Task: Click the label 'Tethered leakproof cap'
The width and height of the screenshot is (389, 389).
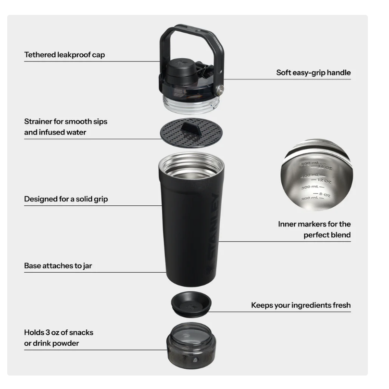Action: point(64,55)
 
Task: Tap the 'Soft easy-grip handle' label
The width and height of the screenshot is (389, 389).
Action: point(313,73)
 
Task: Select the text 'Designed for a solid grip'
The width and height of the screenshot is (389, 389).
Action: point(66,199)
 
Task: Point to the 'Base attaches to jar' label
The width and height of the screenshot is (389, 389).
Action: point(58,265)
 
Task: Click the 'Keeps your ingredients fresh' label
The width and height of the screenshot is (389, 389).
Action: point(301,305)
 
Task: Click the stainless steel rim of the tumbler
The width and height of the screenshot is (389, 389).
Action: point(191,162)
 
